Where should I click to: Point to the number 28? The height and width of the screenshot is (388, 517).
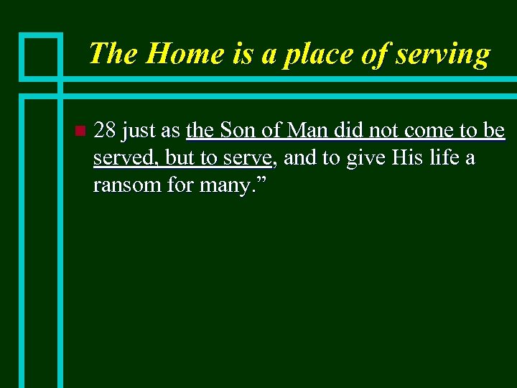pos(106,131)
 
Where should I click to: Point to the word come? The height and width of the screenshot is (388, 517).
pos(429,131)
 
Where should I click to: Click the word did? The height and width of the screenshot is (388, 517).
pos(350,131)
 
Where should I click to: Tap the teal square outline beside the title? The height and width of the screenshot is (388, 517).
pos(40,55)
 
